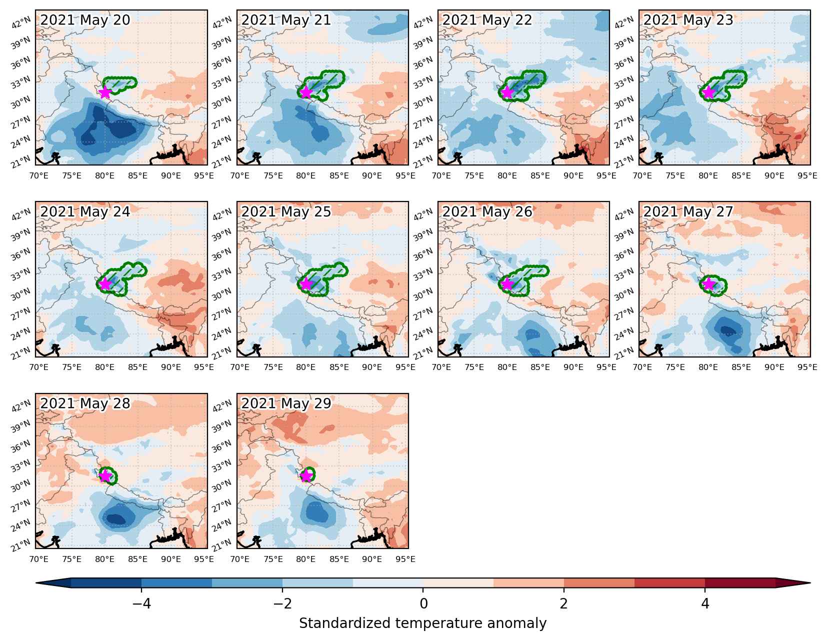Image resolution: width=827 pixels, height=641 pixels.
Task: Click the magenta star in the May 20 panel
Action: [104, 92]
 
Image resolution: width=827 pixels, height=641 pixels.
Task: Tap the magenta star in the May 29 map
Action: [306, 475]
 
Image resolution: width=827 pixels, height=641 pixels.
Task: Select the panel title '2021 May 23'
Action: [688, 20]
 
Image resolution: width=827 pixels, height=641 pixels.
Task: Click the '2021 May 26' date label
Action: [487, 212]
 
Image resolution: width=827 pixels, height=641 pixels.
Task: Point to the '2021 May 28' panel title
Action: [85, 403]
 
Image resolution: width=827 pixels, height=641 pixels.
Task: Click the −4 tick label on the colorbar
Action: [141, 603]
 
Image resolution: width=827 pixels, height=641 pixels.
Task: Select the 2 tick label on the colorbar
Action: [564, 603]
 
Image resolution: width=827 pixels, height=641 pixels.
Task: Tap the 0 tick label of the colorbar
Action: [423, 603]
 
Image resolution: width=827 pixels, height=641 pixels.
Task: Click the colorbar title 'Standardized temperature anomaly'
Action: [423, 623]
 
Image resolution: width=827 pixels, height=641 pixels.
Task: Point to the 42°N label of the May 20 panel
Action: [21, 23]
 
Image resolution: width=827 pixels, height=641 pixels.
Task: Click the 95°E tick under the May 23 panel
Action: [807, 176]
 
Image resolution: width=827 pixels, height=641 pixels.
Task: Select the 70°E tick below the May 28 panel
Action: [38, 559]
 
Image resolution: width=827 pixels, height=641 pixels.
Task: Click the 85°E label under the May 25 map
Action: [339, 367]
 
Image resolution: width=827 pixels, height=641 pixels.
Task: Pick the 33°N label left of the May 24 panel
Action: [21, 274]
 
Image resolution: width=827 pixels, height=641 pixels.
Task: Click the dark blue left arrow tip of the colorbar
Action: [36, 582]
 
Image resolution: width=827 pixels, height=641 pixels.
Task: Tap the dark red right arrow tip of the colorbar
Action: [810, 582]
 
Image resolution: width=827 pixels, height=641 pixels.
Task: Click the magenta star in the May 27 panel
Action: [708, 284]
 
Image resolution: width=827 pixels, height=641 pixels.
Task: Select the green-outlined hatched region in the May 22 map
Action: [522, 85]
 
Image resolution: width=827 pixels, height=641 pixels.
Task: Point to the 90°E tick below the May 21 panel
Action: [372, 176]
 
